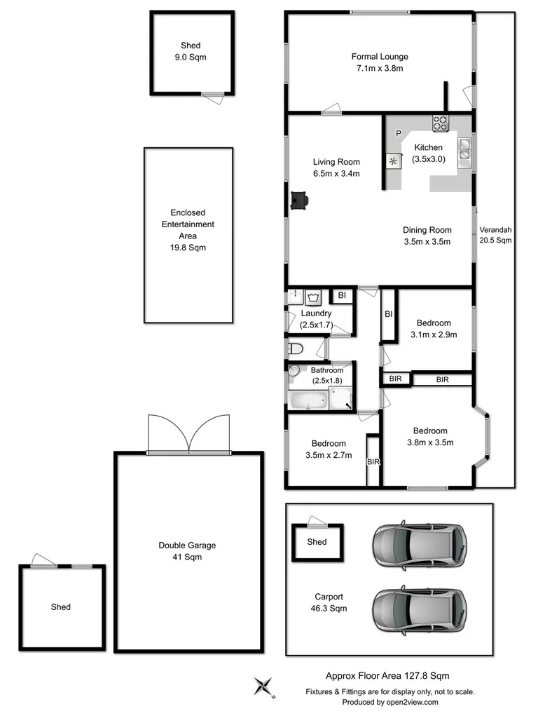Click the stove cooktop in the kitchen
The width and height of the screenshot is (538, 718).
click(x=440, y=123)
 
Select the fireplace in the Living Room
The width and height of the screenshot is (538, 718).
click(x=299, y=201)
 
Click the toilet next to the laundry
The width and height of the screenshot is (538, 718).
click(x=296, y=348)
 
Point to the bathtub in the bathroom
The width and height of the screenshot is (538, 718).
click(x=308, y=401)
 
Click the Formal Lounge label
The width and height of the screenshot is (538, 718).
click(x=380, y=57)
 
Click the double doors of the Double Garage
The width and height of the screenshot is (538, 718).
click(x=189, y=435)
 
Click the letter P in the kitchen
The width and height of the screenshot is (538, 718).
click(x=398, y=134)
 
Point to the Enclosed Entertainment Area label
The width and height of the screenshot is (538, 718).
click(x=188, y=224)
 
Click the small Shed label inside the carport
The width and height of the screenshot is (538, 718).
click(x=317, y=542)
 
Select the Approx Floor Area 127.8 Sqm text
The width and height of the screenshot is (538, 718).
click(x=387, y=676)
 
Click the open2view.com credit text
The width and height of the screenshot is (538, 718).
click(x=389, y=702)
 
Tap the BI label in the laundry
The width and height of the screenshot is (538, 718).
click(x=342, y=296)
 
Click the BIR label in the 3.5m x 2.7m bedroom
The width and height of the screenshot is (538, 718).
click(x=373, y=462)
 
